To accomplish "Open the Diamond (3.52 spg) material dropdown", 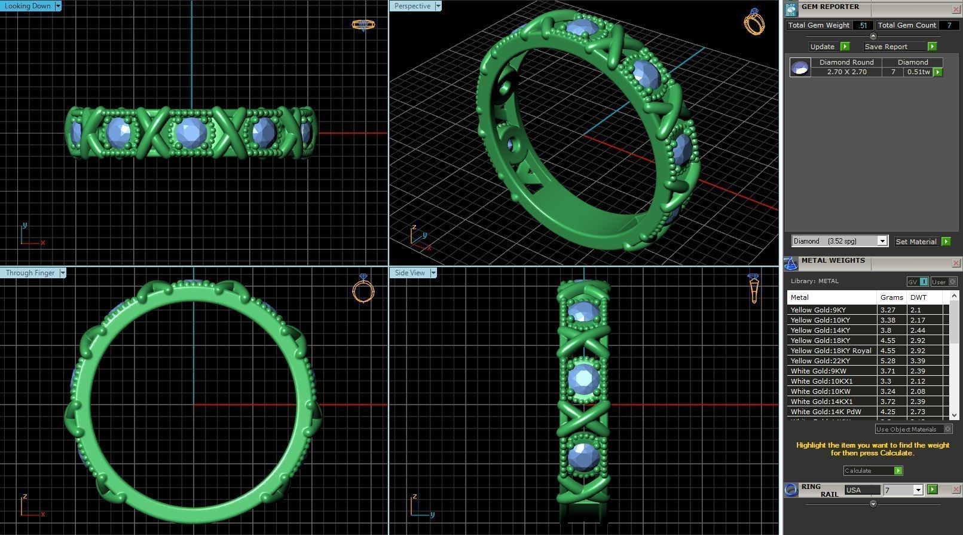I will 882,241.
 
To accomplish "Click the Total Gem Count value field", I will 948,25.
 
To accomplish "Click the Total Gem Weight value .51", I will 863,25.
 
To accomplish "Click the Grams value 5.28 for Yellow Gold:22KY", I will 888,361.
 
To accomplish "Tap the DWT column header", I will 919,297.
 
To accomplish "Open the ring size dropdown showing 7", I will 918,490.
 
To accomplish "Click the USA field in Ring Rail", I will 862,490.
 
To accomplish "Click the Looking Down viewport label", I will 27,6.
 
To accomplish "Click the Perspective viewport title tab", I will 412,6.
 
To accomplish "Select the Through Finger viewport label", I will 30,273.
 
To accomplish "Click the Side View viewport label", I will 409,273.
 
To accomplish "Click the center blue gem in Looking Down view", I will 191,132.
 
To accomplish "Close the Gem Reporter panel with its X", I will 955,10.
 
